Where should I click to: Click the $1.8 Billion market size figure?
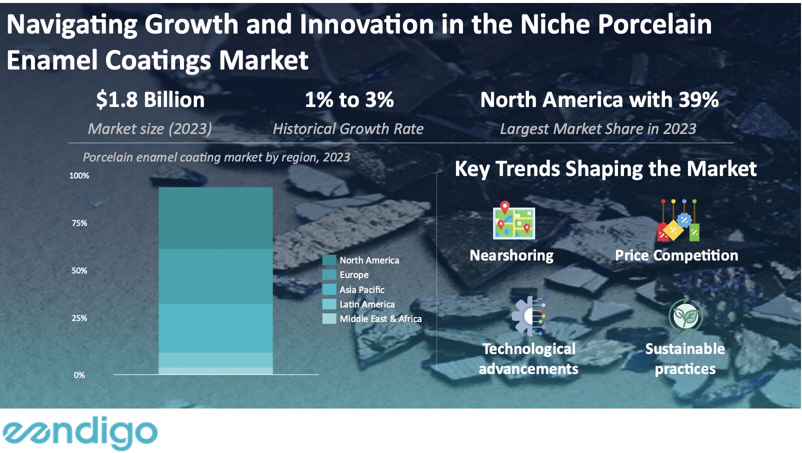tap(150, 99)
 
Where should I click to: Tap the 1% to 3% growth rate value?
tap(349, 99)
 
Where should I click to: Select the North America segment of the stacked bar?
tap(215, 218)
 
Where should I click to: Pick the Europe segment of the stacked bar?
tap(215, 276)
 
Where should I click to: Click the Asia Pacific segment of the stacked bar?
tap(215, 328)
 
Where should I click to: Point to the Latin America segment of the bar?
tap(215, 360)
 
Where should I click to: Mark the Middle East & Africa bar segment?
tap(215, 371)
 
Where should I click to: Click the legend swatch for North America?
tap(329, 260)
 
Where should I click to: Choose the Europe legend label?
tap(353, 274)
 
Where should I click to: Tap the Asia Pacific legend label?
tap(362, 289)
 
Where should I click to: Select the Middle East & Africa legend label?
tap(380, 318)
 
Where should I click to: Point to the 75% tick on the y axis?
tap(79, 223)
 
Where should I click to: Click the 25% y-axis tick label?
tap(79, 318)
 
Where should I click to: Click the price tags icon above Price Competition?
tap(678, 220)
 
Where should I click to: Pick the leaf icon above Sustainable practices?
tap(685, 315)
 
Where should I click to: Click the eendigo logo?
tap(80, 432)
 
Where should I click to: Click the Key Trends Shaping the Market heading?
tap(605, 168)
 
